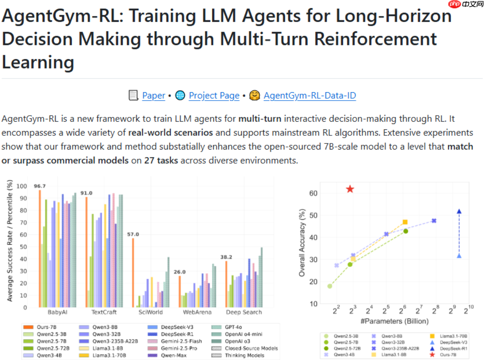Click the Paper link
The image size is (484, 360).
153,96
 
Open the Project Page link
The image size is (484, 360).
214,96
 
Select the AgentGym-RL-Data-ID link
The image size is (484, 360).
309,96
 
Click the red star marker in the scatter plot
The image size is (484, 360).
350,189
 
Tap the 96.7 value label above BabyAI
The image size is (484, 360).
40,186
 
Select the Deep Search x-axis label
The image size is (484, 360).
244,312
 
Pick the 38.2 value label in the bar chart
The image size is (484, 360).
226,257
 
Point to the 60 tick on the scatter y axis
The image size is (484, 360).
313,193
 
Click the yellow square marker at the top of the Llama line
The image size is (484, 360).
405,222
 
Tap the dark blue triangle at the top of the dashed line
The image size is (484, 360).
459,211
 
